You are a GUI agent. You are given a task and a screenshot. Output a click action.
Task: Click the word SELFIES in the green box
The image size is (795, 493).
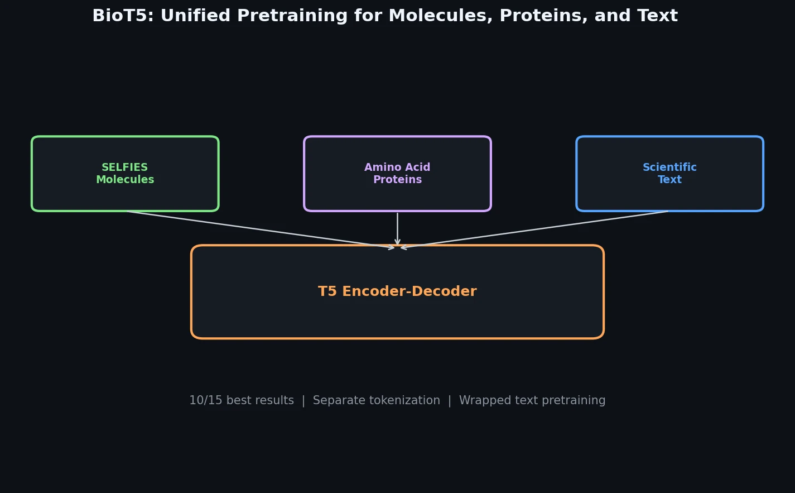125,167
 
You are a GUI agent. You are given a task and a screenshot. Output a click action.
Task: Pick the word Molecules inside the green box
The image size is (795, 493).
125,180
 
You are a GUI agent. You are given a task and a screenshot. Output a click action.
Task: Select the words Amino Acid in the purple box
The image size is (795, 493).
397,167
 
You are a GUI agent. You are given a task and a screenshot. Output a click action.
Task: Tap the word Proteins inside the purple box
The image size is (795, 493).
397,180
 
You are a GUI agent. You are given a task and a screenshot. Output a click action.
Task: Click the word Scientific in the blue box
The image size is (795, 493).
669,167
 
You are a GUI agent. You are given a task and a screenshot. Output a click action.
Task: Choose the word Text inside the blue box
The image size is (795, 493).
669,180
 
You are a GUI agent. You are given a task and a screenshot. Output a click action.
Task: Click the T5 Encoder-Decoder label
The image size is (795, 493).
397,292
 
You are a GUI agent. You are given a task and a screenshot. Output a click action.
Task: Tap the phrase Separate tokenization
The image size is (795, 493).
376,401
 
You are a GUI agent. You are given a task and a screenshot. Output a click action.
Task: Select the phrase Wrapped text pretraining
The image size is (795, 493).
532,401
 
